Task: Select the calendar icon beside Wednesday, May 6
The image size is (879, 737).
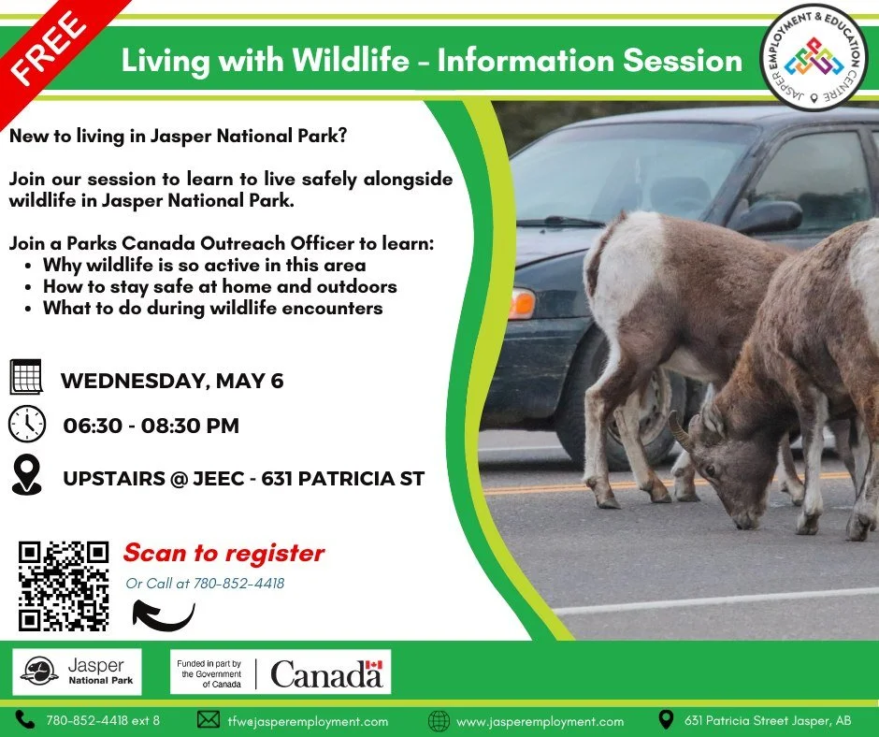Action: click(26, 377)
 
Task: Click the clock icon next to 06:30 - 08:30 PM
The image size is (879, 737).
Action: click(26, 425)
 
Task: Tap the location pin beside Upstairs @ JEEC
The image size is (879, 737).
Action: click(26, 475)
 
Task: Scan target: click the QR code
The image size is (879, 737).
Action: click(64, 585)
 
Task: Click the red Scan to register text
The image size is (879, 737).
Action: click(223, 553)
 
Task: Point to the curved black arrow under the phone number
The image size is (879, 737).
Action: click(164, 614)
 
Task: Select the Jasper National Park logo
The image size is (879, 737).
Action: click(78, 672)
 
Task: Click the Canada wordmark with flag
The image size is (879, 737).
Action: click(326, 672)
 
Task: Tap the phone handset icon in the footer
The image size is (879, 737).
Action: click(24, 720)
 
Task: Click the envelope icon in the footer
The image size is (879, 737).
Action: click(208, 720)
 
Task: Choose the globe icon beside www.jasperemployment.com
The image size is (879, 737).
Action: click(438, 720)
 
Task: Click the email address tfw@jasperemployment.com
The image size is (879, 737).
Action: click(307, 721)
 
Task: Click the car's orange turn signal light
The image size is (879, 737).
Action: click(520, 304)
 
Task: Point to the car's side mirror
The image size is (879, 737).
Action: click(768, 217)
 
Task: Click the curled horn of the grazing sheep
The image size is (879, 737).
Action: click(683, 433)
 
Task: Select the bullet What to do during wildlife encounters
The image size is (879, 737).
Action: click(212, 308)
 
